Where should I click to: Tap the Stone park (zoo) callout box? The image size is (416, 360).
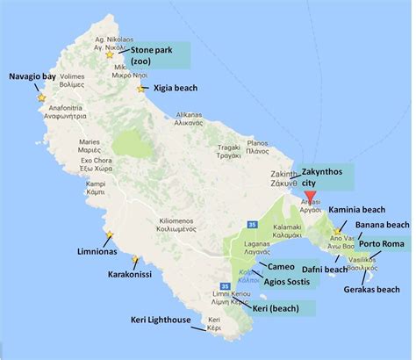click(x=154, y=54)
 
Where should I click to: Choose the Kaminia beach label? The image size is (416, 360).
click(x=362, y=211)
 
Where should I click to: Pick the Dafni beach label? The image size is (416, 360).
click(x=323, y=270)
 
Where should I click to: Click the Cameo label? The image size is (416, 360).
click(x=281, y=266)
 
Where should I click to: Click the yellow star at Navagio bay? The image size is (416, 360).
click(x=39, y=97)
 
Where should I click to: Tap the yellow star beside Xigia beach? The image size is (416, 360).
click(x=141, y=89)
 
